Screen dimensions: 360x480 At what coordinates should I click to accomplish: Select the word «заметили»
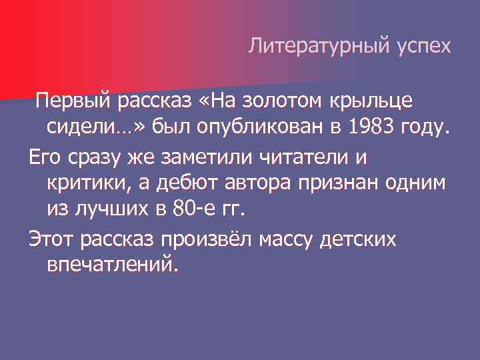[187, 158]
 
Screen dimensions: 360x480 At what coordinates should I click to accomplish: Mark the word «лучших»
[113, 209]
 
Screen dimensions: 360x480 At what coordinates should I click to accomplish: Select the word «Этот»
[51, 239]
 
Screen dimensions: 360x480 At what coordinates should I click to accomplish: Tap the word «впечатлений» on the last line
[113, 265]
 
